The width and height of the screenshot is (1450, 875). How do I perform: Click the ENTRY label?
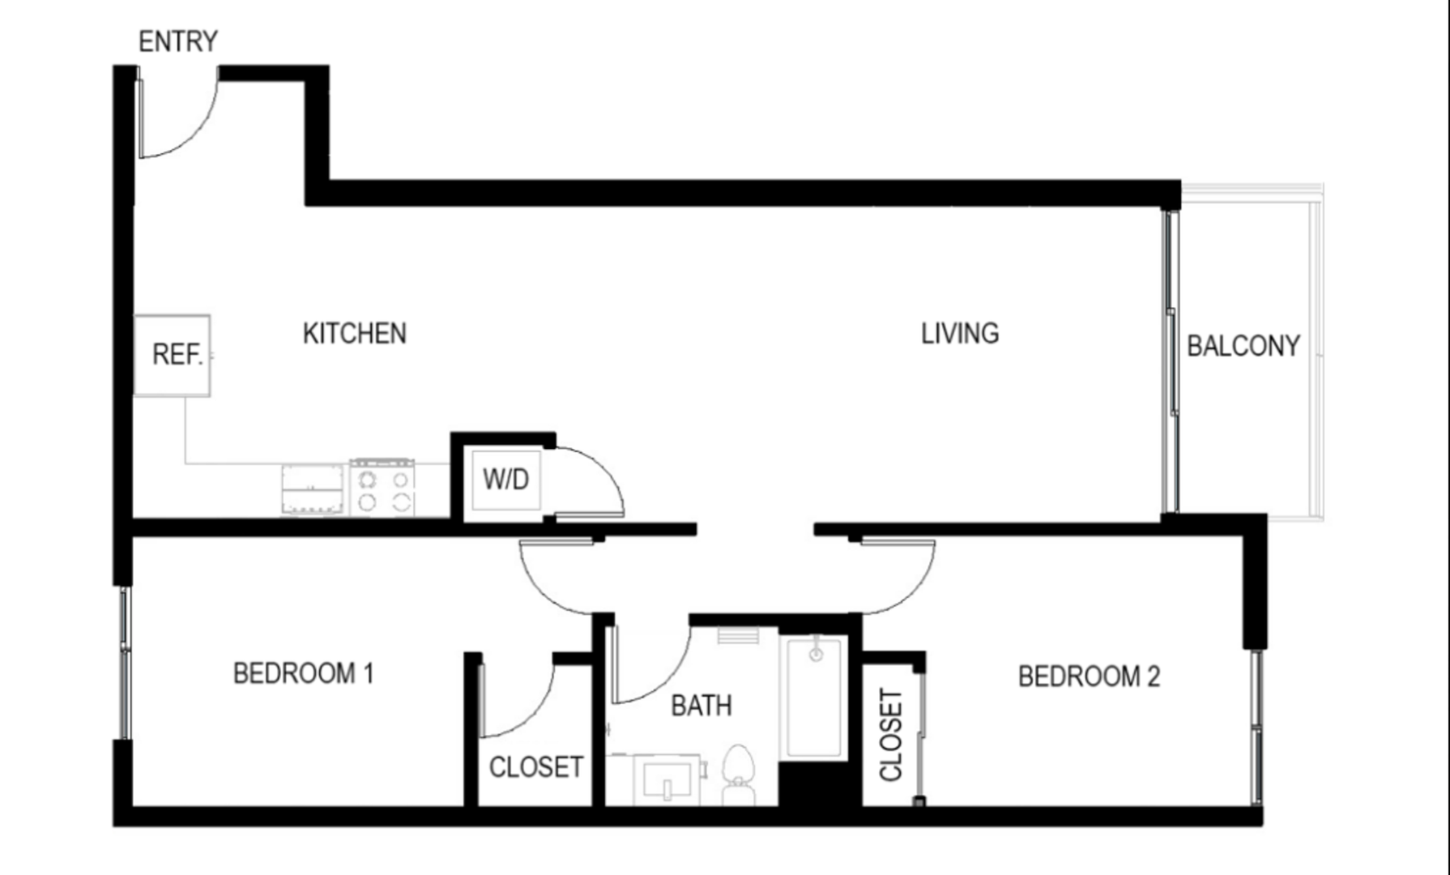(x=178, y=41)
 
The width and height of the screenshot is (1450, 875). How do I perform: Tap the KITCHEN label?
(x=355, y=333)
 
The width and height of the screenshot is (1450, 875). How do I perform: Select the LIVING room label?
(x=960, y=333)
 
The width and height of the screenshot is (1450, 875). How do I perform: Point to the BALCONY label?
(x=1243, y=346)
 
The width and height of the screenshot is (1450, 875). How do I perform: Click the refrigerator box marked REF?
(x=173, y=356)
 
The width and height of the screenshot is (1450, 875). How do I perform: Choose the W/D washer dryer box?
(x=506, y=480)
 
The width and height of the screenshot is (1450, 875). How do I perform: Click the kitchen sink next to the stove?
(x=313, y=489)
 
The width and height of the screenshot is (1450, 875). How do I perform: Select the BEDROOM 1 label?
(x=304, y=673)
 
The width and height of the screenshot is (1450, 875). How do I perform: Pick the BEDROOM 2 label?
(x=1090, y=677)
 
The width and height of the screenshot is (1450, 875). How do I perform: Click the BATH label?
(x=702, y=706)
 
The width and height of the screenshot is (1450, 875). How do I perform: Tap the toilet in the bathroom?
(x=738, y=775)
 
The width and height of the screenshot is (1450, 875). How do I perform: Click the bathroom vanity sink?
(x=667, y=780)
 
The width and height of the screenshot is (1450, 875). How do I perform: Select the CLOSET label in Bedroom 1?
(x=536, y=767)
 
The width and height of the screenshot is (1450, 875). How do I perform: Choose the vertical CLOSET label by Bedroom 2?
(x=891, y=735)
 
